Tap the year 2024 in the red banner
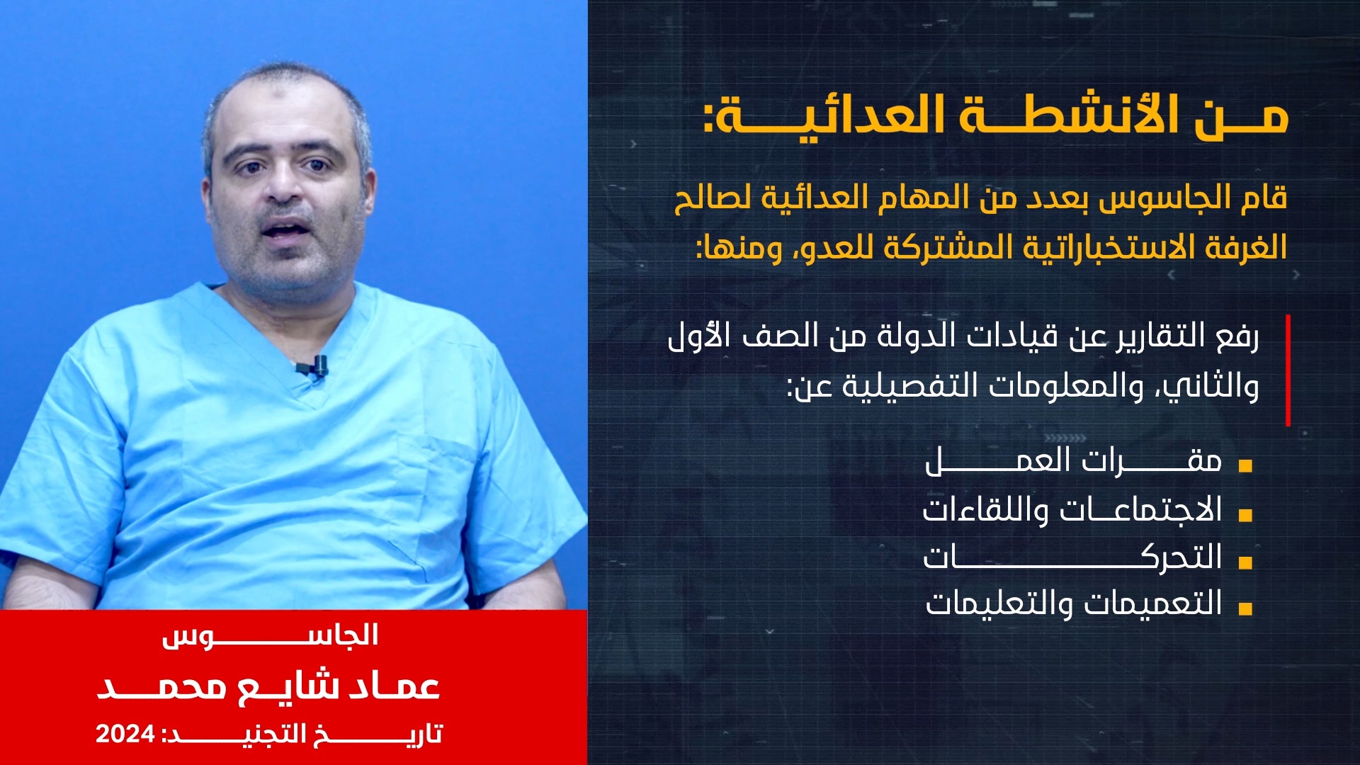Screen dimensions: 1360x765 125,735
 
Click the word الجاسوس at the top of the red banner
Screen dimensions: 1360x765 270,635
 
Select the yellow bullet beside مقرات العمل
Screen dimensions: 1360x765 1245,466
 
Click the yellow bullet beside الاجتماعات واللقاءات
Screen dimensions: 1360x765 1245,514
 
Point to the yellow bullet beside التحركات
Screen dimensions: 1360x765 1245,562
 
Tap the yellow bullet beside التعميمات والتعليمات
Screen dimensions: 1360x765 1245,608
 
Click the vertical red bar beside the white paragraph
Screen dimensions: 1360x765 1288,370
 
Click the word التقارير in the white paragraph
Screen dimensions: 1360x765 1160,336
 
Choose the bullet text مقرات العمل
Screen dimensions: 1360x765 1074,460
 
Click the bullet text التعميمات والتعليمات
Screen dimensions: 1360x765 1074,603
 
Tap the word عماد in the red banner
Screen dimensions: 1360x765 394,686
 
